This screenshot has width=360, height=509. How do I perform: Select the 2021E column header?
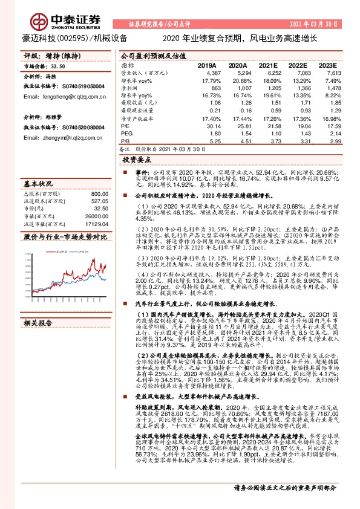click(266, 65)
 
